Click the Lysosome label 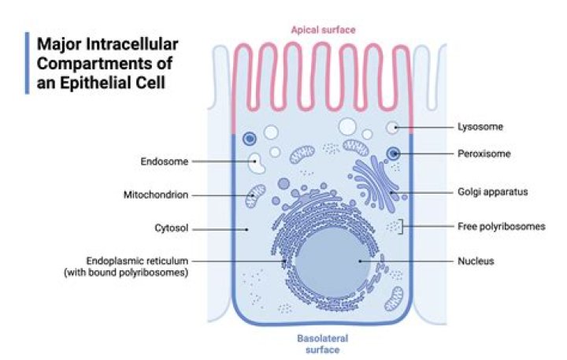(480, 126)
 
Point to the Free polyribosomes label (501, 227)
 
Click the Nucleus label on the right (475, 261)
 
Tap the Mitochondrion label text (156, 195)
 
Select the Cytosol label (171, 229)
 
